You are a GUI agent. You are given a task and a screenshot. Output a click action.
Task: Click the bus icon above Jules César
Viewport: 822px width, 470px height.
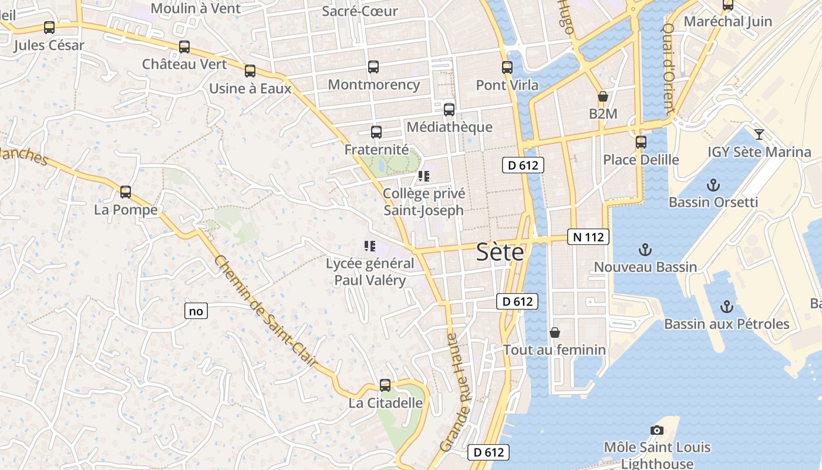pyautogui.click(x=49, y=28)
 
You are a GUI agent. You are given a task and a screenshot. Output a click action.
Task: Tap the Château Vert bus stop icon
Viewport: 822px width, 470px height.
pyautogui.click(x=184, y=47)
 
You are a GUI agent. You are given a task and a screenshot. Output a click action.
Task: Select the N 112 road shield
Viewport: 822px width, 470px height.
pyautogui.click(x=588, y=237)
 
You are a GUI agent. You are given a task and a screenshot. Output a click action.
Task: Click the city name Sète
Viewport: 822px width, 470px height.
pyautogui.click(x=500, y=252)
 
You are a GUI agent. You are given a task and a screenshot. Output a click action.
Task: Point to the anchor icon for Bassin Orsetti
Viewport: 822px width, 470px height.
pyautogui.click(x=713, y=186)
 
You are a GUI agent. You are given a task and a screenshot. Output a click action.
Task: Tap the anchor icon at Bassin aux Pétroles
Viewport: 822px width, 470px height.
pyautogui.click(x=727, y=307)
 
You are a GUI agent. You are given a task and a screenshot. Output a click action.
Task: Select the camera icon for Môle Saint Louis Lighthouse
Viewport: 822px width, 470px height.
pyautogui.click(x=657, y=431)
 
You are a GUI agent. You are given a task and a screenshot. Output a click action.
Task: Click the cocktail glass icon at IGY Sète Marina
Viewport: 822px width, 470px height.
pyautogui.click(x=759, y=135)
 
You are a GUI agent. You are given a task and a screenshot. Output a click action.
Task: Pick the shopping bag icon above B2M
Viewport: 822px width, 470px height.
pyautogui.click(x=602, y=96)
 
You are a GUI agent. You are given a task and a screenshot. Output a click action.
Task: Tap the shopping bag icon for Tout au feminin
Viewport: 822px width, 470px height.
pyautogui.click(x=554, y=333)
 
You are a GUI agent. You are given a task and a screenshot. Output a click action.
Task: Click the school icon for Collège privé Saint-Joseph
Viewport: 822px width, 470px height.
pyautogui.click(x=424, y=176)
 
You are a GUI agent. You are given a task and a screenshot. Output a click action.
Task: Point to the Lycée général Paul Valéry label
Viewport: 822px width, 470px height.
pyautogui.click(x=370, y=271)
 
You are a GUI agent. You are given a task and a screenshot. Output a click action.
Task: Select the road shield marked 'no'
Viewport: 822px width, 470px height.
pyautogui.click(x=196, y=311)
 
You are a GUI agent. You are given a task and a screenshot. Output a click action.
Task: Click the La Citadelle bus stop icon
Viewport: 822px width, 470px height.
pyautogui.click(x=385, y=385)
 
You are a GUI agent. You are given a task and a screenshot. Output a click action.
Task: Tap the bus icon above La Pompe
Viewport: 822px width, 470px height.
pyautogui.click(x=126, y=192)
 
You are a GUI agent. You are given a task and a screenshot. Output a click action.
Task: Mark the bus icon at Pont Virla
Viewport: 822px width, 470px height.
pyautogui.click(x=507, y=68)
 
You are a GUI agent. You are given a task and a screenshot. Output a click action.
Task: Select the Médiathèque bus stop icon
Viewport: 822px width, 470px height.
pyautogui.click(x=449, y=109)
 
